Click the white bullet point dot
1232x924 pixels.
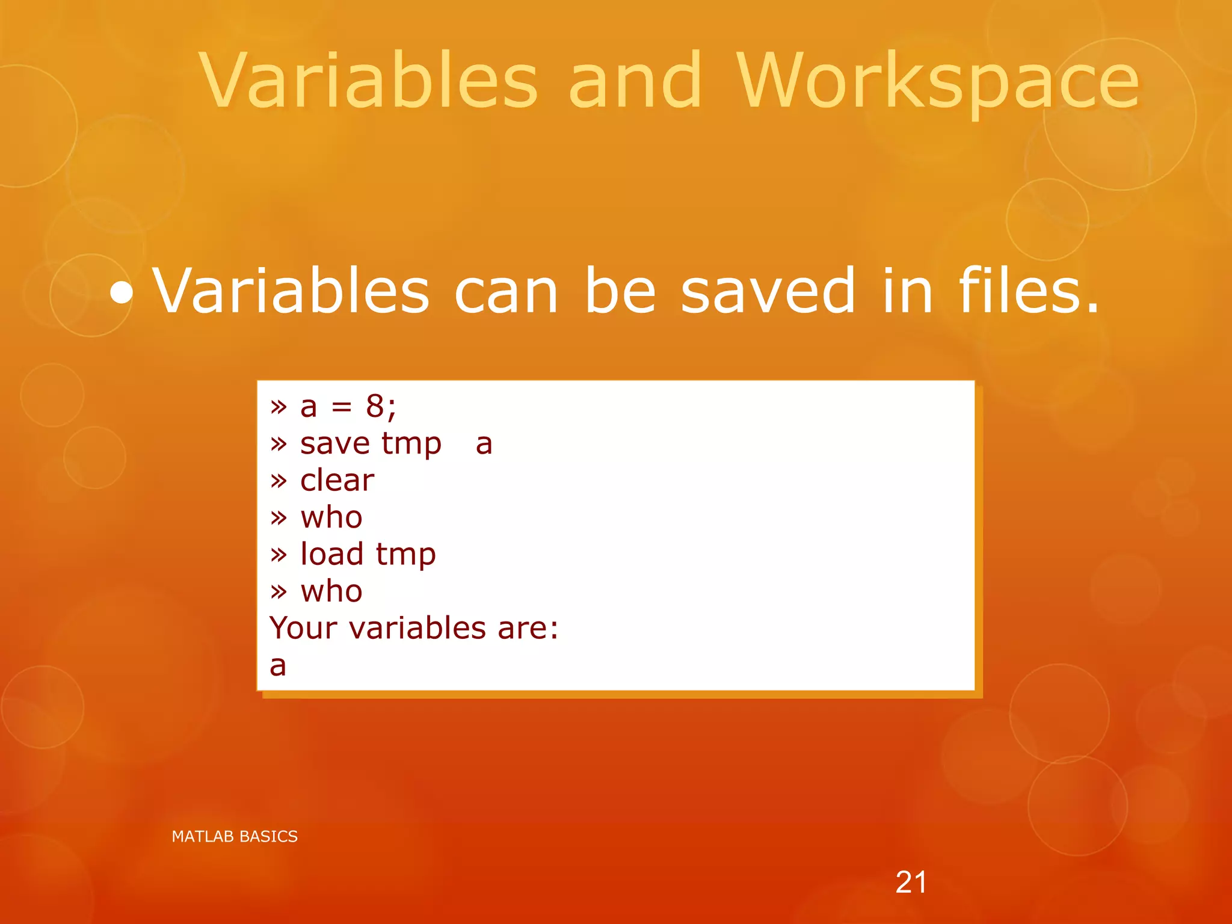click(122, 293)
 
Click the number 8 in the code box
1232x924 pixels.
click(375, 406)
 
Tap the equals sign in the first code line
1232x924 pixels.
click(341, 407)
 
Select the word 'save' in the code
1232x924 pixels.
click(334, 444)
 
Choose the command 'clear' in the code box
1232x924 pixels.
click(337, 480)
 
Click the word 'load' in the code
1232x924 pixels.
click(331, 554)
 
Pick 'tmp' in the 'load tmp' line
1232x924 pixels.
click(405, 556)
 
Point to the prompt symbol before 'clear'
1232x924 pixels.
click(278, 481)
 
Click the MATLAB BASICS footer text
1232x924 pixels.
click(235, 836)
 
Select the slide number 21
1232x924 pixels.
click(911, 882)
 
